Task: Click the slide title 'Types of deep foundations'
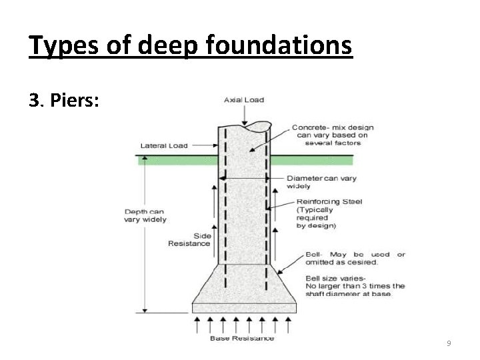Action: (190, 47)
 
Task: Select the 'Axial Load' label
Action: (243, 101)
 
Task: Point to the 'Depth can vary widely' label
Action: (145, 216)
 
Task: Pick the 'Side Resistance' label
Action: (189, 239)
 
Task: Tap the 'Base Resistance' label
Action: (242, 338)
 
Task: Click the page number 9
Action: (449, 343)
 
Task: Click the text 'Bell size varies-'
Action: (333, 278)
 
